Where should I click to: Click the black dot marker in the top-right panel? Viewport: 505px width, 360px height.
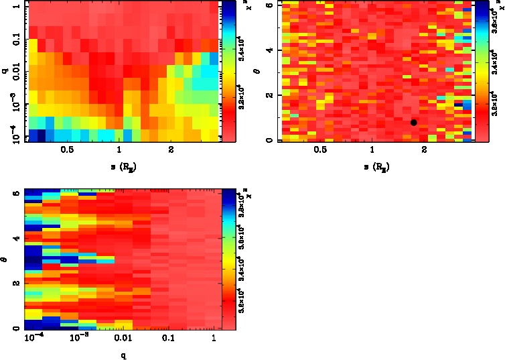click(x=414, y=123)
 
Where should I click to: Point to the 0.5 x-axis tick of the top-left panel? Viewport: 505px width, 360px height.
click(x=67, y=150)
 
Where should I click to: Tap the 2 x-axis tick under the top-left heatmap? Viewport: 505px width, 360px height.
click(x=172, y=150)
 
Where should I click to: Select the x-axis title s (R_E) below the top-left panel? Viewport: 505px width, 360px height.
click(x=119, y=165)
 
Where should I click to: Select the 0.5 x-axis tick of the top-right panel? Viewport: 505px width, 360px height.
click(x=320, y=150)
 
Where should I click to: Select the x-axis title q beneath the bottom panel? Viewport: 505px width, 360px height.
click(x=123, y=355)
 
